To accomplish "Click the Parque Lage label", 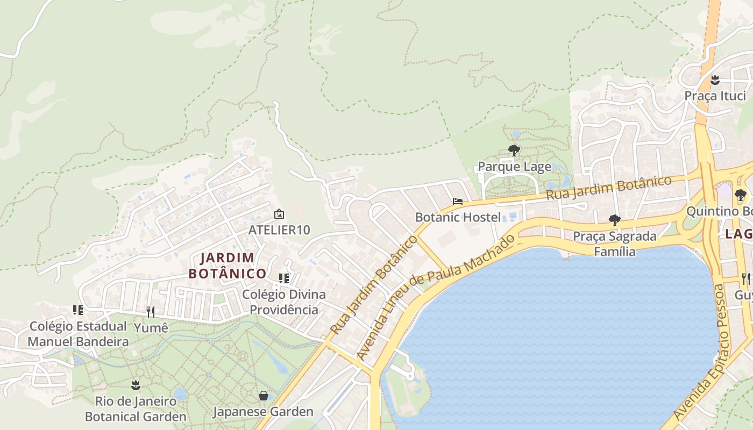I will pos(515,167).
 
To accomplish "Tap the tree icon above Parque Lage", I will pos(514,150).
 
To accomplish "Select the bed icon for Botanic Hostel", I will pos(458,202).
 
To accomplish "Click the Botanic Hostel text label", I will pos(458,217).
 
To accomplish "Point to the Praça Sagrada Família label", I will pos(615,243).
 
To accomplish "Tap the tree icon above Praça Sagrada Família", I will pos(614,220).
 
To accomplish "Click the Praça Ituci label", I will pos(715,96).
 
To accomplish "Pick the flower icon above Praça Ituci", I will pos(715,80).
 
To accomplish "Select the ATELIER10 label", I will pos(279,230).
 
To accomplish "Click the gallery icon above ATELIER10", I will pos(279,214).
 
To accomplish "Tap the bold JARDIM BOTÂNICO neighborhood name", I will pos(228,266).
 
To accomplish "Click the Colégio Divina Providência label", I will pos(284,302).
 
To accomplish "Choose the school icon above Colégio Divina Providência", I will pos(284,278).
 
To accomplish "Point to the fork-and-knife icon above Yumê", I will pos(151,312).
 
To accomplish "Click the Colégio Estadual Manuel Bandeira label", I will pos(78,334).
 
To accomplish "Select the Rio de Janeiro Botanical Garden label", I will pos(136,408).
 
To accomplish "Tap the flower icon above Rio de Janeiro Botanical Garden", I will pos(136,385).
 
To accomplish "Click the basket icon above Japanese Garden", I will pos(264,396).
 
